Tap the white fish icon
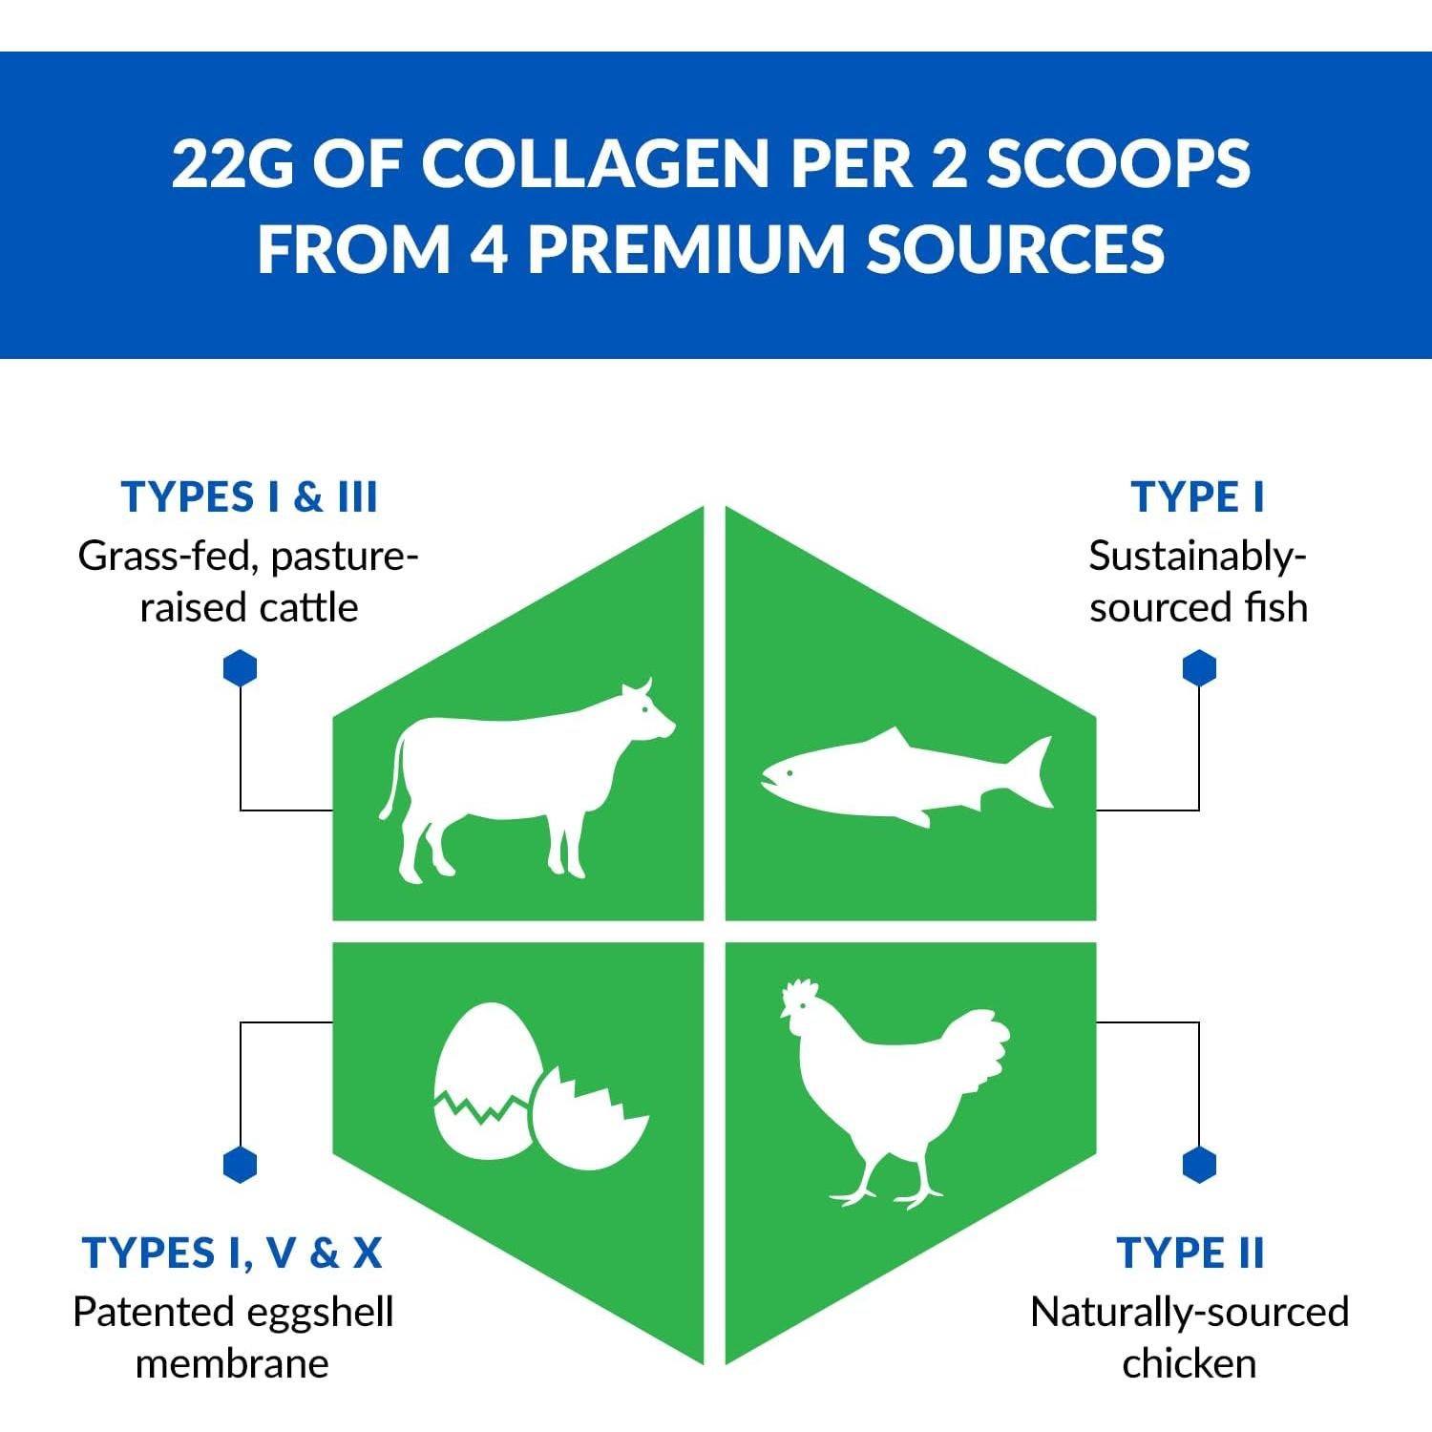click(x=897, y=775)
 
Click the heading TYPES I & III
click(x=249, y=497)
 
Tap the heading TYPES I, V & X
click(x=232, y=1253)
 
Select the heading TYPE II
click(x=1190, y=1253)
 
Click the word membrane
click(x=232, y=1363)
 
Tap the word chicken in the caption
click(x=1190, y=1363)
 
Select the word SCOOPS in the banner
click(x=1118, y=163)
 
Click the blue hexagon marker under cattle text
click(x=240, y=668)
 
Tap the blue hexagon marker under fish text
click(x=1199, y=668)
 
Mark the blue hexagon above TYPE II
click(x=1199, y=1165)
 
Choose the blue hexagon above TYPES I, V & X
click(x=240, y=1165)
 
